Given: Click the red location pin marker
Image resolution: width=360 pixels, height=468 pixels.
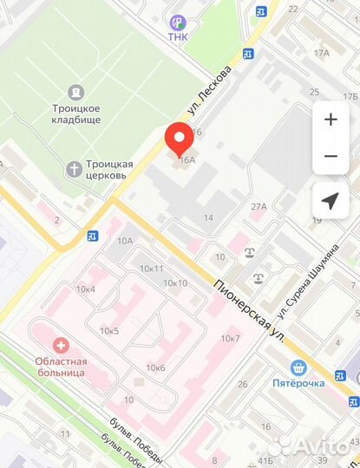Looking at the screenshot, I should [x=180, y=139].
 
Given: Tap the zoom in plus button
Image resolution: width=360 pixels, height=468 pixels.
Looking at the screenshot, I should [x=330, y=120].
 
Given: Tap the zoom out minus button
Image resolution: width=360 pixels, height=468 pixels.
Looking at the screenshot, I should [x=330, y=157].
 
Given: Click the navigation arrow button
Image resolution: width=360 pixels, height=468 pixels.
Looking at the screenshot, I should [x=330, y=201].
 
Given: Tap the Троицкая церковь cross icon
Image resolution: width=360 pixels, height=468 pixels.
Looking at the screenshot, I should [x=75, y=168].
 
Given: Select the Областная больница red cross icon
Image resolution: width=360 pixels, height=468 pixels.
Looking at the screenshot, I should [x=60, y=345].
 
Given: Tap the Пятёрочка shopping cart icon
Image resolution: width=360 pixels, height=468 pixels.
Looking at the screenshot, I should [x=299, y=367].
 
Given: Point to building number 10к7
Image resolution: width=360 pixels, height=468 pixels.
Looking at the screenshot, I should [x=230, y=337].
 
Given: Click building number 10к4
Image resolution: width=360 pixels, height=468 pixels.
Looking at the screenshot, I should [x=85, y=288].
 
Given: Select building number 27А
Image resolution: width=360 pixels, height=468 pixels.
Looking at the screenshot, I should [x=259, y=206].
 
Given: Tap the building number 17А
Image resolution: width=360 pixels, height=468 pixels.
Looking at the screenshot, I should [x=322, y=53].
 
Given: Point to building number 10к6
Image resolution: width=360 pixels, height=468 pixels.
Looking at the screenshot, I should [x=156, y=367].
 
